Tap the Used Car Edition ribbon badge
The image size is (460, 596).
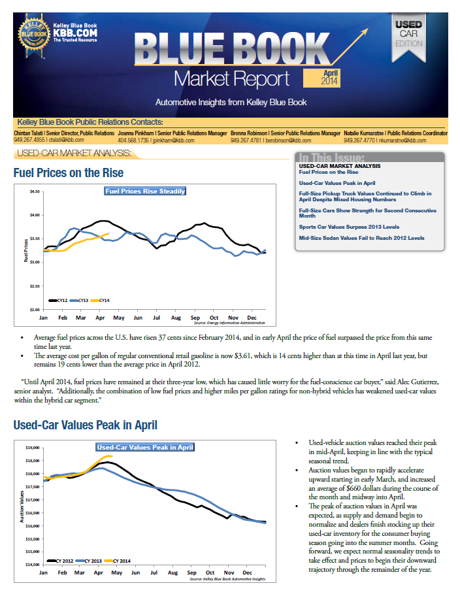pos(408,38)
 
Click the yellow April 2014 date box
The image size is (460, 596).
pos(321,78)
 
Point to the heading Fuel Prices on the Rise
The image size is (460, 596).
pos(69,173)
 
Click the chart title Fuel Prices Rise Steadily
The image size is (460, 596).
pos(145,191)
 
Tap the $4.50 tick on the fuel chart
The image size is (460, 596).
pos(35,191)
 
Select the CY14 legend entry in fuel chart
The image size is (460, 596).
pos(101,300)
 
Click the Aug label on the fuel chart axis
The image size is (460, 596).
pos(176,318)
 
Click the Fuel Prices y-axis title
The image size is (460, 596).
pos(26,250)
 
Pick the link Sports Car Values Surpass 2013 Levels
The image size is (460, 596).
pos(349,227)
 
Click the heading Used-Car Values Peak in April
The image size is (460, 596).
pos(85,425)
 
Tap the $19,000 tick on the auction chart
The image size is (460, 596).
pos(33,448)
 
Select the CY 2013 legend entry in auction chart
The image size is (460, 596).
pos(89,561)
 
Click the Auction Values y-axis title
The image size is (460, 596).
pos(22,506)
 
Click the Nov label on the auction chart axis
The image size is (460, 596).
pos(229,572)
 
